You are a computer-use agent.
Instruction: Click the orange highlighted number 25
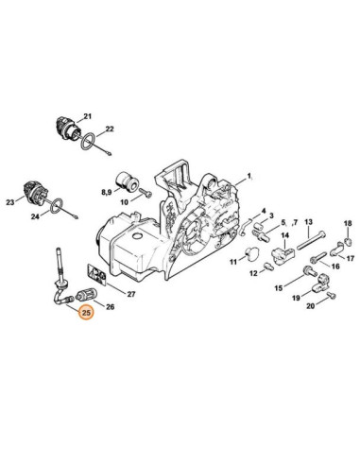pyautogui.click(x=86, y=313)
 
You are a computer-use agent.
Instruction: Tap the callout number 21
pyautogui.click(x=87, y=116)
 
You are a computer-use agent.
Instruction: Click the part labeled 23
pyautogui.click(x=35, y=194)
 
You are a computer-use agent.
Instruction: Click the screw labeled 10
pyautogui.click(x=146, y=193)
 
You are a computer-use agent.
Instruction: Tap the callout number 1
pyautogui.click(x=249, y=176)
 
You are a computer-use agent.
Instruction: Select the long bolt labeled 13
pyautogui.click(x=312, y=240)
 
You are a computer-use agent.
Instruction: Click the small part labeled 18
pyautogui.click(x=348, y=241)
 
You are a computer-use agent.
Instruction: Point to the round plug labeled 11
pyautogui.click(x=252, y=254)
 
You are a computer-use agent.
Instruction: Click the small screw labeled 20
pyautogui.click(x=331, y=295)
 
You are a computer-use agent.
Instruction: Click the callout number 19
pyautogui.click(x=297, y=298)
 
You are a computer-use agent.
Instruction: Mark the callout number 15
pyautogui.click(x=279, y=288)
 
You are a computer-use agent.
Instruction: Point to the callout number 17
pyautogui.click(x=351, y=259)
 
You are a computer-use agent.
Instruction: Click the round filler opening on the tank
pyautogui.click(x=137, y=236)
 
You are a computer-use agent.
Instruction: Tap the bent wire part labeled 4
pyautogui.click(x=244, y=226)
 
